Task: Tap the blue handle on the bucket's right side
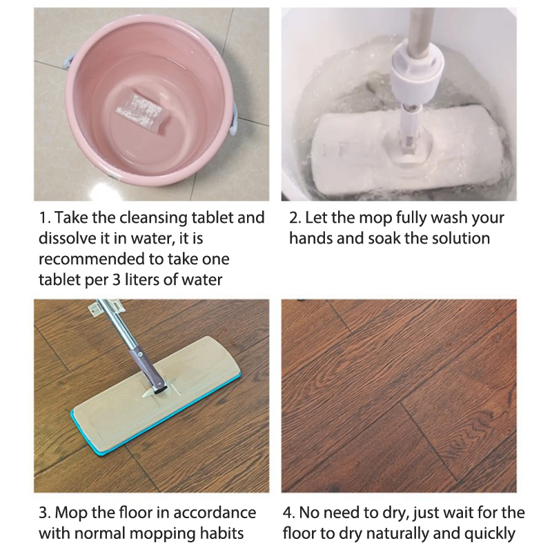pos(233,119)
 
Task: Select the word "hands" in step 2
pos(310,238)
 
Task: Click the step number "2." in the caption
pos(295,218)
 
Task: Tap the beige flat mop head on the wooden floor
pos(156,395)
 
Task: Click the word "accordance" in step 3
pos(215,513)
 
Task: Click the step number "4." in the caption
pos(289,513)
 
